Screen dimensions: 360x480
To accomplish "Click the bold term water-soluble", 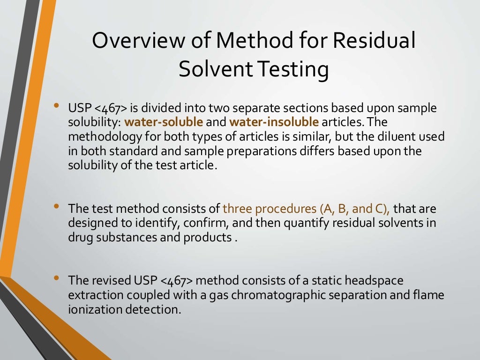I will tap(164, 122).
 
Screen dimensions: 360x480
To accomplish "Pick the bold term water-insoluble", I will tap(274, 122).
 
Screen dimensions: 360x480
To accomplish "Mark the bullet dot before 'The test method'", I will tap(56, 206).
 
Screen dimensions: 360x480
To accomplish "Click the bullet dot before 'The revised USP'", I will tap(56, 278).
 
